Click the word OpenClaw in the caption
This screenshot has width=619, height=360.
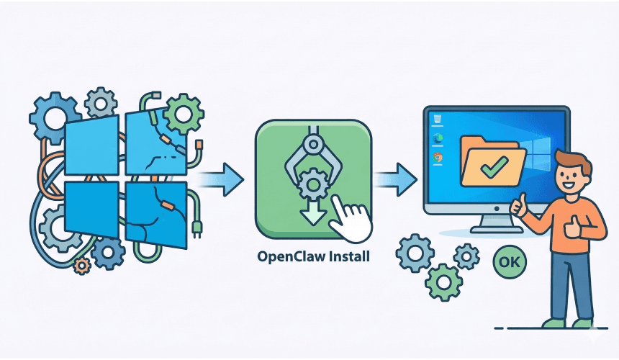point(288,256)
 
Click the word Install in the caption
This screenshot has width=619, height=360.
point(345,256)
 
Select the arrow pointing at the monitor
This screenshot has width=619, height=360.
point(399,177)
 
